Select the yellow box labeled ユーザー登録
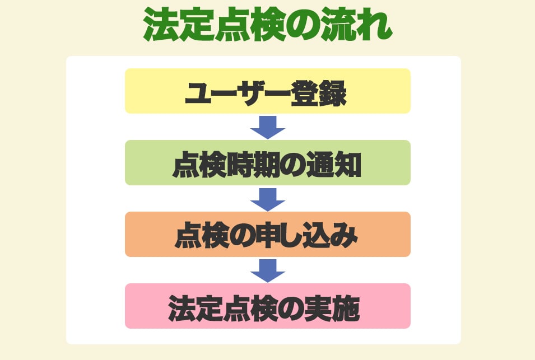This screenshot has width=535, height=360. tap(267, 91)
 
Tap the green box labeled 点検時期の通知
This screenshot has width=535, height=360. tap(267, 163)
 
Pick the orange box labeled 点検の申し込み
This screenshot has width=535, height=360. tap(267, 235)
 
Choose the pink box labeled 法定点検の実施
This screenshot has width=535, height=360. tap(267, 306)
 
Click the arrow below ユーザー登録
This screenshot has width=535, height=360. tap(268, 128)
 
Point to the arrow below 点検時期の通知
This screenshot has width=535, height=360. tap(268, 199)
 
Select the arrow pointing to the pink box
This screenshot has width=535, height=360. tap(268, 271)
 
